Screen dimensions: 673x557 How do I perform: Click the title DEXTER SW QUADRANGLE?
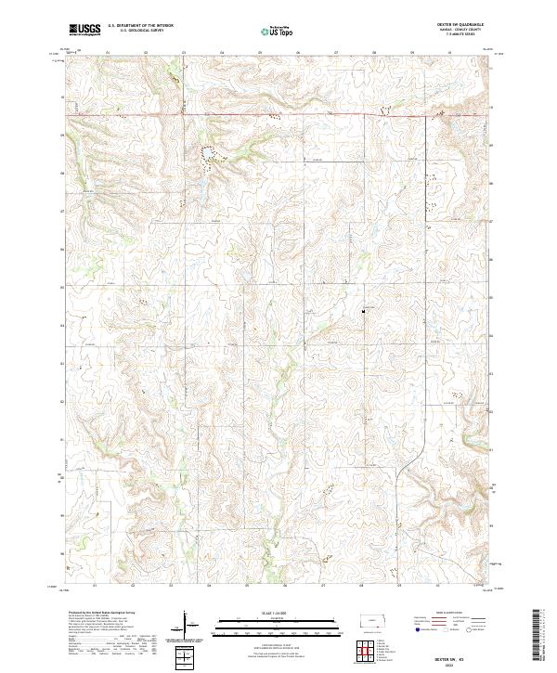pyautogui.click(x=469, y=25)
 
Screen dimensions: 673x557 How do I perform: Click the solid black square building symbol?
pyautogui.click(x=363, y=311)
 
